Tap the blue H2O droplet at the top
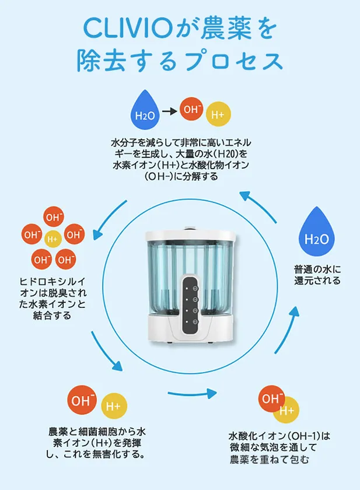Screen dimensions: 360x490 (x=145, y=110)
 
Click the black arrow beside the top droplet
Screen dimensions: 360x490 (x=169, y=111)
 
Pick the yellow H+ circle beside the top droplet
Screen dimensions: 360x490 (x=218, y=114)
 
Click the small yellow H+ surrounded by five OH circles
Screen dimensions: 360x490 (x=52, y=239)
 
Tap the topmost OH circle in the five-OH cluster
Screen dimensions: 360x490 (x=54, y=217)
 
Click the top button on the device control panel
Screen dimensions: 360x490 (x=195, y=288)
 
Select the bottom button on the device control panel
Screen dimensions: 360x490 (x=195, y=322)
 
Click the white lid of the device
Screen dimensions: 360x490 (x=190, y=235)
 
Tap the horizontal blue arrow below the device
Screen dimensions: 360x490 (x=192, y=393)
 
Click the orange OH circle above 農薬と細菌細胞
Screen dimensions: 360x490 (x=82, y=400)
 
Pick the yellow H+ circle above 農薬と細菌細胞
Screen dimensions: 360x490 (x=114, y=405)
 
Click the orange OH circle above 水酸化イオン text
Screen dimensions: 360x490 (x=271, y=398)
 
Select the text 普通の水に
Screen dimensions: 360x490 (x=317, y=269)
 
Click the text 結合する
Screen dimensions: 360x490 (x=53, y=316)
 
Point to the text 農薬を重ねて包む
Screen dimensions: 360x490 (x=270, y=460)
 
